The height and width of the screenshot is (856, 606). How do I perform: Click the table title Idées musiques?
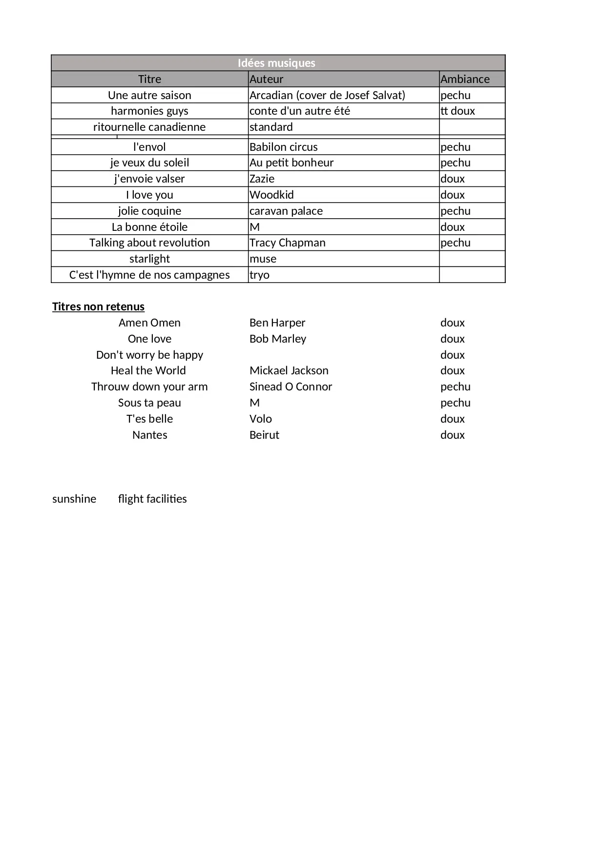276,63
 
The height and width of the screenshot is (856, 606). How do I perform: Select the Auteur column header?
266,79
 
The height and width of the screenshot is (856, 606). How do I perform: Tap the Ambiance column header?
465,79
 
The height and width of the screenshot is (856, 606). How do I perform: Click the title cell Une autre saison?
149,95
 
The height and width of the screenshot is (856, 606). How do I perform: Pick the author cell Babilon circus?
283,147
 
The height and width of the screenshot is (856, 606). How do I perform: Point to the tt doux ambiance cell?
458,111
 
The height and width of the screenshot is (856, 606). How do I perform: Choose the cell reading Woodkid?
272,195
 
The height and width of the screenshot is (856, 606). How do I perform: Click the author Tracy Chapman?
287,243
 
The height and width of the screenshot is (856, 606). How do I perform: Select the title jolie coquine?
149,211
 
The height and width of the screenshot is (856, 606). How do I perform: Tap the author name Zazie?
262,179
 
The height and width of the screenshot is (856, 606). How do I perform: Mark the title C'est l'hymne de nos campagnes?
149,275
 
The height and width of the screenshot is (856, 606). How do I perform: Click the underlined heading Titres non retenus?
98,306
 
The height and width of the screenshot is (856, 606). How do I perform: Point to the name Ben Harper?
277,323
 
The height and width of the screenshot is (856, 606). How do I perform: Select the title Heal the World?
148,370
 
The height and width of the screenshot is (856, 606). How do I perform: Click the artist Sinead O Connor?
291,387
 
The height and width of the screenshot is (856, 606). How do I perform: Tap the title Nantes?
149,435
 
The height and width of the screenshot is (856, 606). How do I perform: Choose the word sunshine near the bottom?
74,499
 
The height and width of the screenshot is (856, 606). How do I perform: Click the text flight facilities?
152,499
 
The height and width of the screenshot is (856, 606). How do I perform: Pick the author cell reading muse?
263,259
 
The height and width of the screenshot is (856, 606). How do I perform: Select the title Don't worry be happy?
149,355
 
